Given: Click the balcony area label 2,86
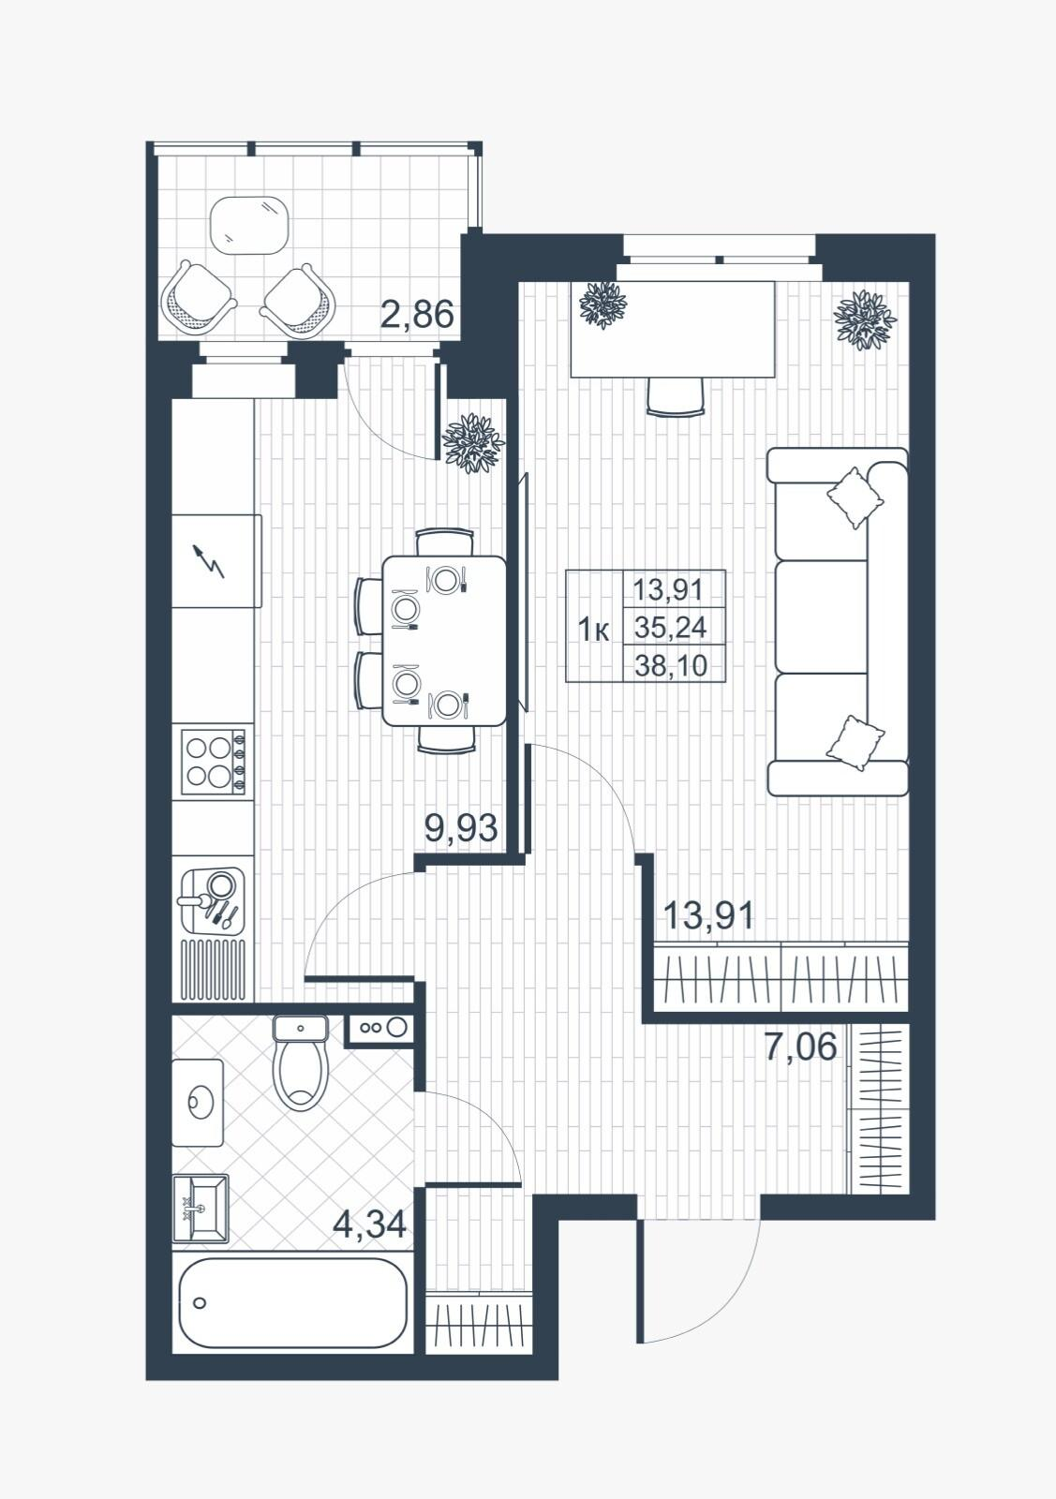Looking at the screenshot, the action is tap(417, 314).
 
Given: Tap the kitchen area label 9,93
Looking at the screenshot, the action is tap(461, 828).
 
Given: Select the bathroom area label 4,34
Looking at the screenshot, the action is tap(369, 1224).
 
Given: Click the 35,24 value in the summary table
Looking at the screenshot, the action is tap(671, 628).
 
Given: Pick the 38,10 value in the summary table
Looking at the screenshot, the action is tap(671, 666).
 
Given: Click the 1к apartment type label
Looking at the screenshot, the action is tap(593, 630).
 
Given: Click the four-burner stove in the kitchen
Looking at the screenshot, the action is tap(214, 762).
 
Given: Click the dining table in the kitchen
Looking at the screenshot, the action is tap(444, 641).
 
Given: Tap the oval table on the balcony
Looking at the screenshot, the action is tap(249, 226).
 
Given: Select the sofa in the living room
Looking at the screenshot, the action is tap(837, 622).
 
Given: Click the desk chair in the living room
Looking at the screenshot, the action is tap(676, 397).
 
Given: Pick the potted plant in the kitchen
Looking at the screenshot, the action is tap(473, 443).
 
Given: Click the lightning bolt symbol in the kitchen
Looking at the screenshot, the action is tap(209, 561).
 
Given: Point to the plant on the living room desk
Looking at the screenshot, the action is tap(602, 305).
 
